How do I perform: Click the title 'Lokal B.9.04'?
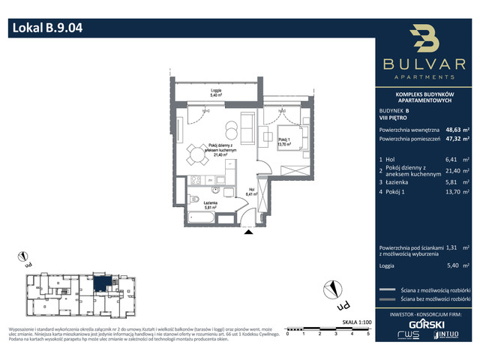click(46, 29)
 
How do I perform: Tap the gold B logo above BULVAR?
click(425, 40)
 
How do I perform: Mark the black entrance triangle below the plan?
click(247, 232)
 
